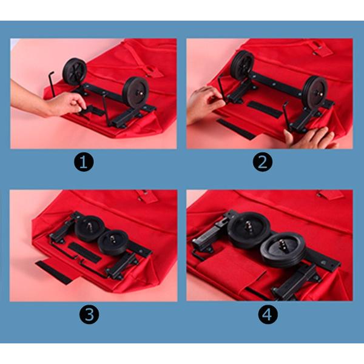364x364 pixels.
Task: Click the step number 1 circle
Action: coord(84,162)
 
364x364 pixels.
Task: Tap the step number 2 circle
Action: coord(263,162)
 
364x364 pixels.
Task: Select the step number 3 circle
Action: coord(89,314)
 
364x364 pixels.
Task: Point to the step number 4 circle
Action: coord(268,314)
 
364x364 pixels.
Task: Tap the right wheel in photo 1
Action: coord(136,92)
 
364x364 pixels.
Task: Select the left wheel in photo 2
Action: coord(242,64)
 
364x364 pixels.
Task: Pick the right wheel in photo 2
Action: coord(315,93)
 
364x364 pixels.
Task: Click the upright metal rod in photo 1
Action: coord(52,84)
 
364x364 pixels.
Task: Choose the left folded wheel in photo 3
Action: coord(90,229)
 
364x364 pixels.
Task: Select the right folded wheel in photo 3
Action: coord(113,243)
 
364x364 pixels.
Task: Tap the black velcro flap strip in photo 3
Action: coord(54,272)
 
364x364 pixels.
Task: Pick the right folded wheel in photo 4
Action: coord(282,250)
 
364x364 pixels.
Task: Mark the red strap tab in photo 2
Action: coord(322,49)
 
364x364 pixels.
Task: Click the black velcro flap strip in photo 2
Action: coord(236,129)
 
